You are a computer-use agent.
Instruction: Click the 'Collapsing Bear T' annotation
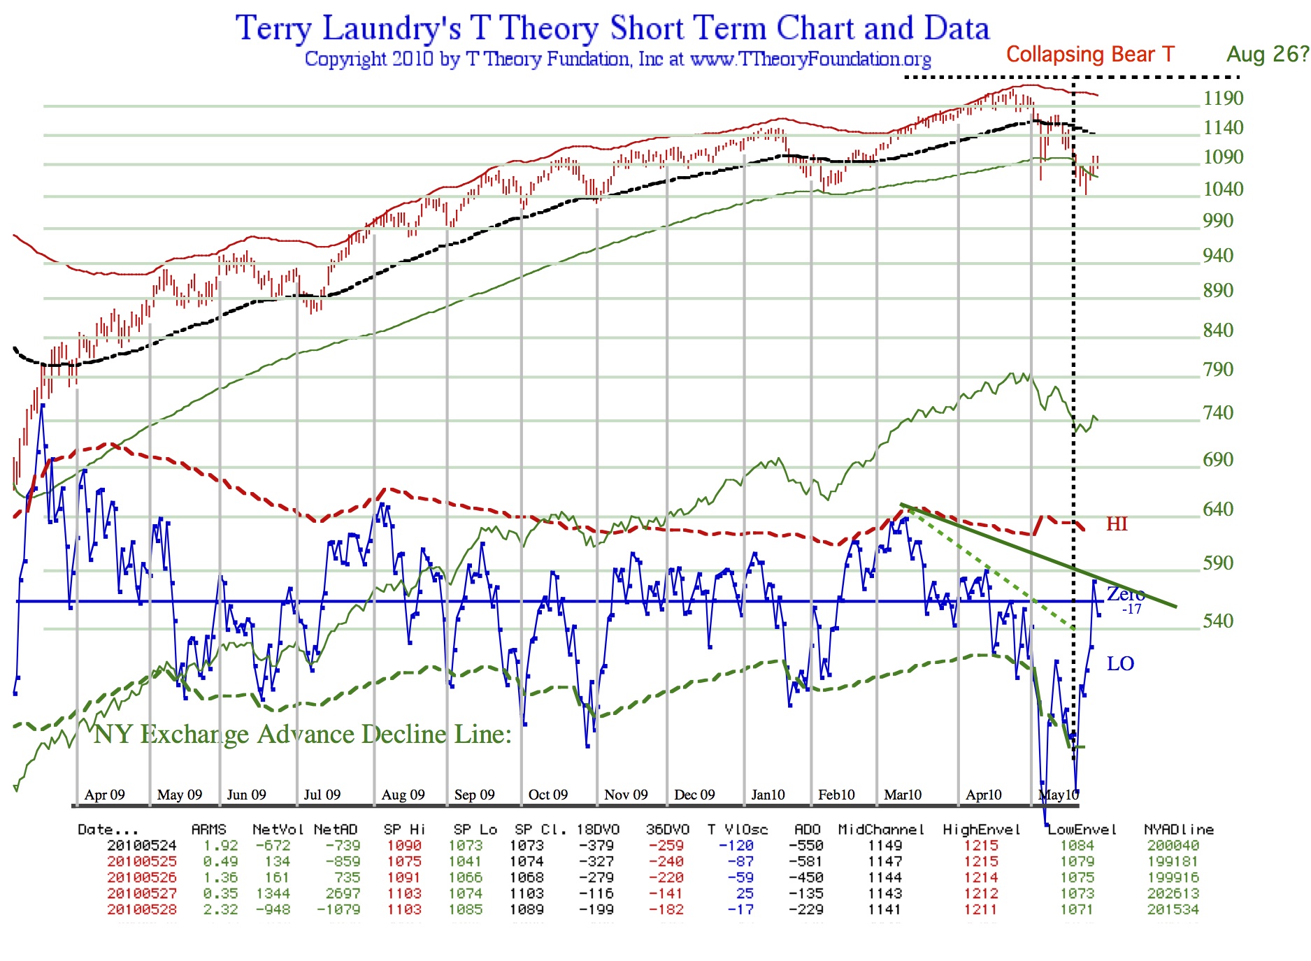point(1090,55)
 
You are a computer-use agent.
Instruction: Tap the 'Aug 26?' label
point(1268,55)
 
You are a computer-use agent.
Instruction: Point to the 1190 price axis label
point(1223,99)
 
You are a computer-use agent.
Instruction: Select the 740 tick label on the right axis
point(1218,413)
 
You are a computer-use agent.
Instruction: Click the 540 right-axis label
point(1218,621)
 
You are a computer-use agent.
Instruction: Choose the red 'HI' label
point(1117,524)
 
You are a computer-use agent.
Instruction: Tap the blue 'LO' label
point(1120,664)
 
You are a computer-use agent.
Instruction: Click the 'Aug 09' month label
point(403,795)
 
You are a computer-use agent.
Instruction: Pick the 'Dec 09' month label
point(694,795)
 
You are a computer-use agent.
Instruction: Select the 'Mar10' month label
point(903,795)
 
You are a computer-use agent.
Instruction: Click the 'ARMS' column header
point(208,830)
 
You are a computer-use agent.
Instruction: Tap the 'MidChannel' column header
point(881,830)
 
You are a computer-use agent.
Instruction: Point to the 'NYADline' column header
point(1179,830)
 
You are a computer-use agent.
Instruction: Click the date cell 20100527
point(142,894)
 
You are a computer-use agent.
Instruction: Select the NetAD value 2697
point(343,894)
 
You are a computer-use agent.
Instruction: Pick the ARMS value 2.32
point(220,910)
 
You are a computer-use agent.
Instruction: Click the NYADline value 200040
point(1173,846)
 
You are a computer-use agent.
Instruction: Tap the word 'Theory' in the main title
point(548,29)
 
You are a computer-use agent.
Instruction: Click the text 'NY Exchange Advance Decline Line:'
point(303,735)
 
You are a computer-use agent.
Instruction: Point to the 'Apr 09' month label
point(105,795)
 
